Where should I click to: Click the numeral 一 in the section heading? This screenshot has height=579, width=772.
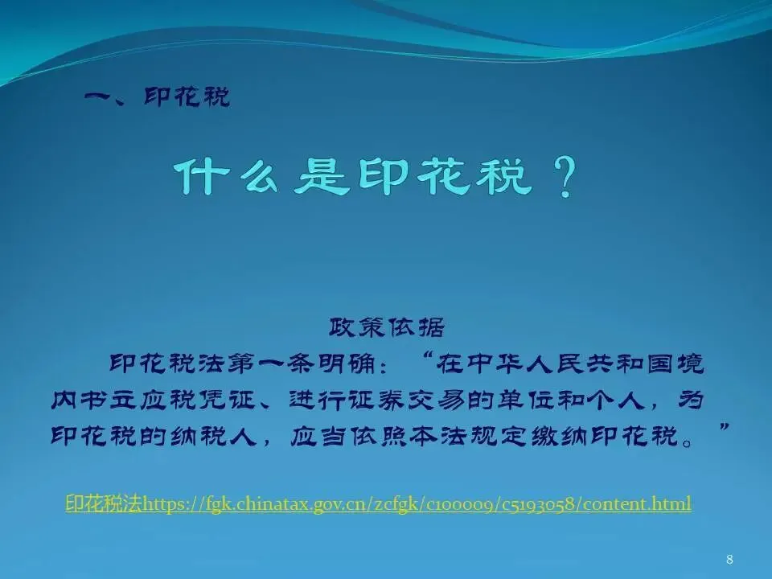point(100,96)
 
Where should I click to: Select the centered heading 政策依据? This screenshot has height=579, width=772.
point(387,327)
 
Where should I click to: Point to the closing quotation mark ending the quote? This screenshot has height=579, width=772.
point(723,426)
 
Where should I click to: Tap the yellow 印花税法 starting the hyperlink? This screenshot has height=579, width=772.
point(104,503)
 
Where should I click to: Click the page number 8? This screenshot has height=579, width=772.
point(729,560)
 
